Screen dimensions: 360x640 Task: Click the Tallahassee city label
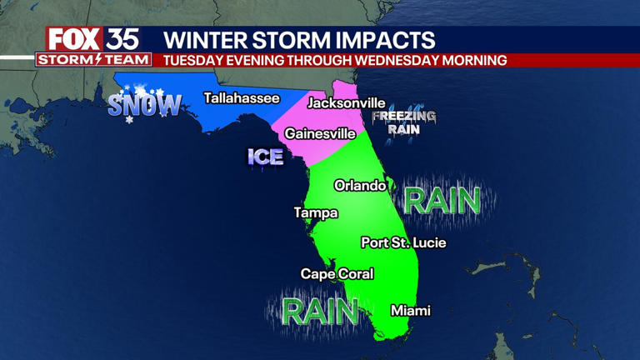242,98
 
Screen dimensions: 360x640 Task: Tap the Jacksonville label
346,103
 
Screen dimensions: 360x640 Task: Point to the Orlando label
360,186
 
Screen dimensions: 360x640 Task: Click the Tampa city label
316,213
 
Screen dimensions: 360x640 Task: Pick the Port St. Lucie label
403,243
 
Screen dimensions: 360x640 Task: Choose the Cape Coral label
337,274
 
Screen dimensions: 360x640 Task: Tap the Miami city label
411,311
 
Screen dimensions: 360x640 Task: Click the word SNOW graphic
144,104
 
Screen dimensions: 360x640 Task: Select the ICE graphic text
265,157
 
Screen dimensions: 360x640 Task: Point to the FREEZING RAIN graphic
403,122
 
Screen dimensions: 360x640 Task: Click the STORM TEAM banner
93,60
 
